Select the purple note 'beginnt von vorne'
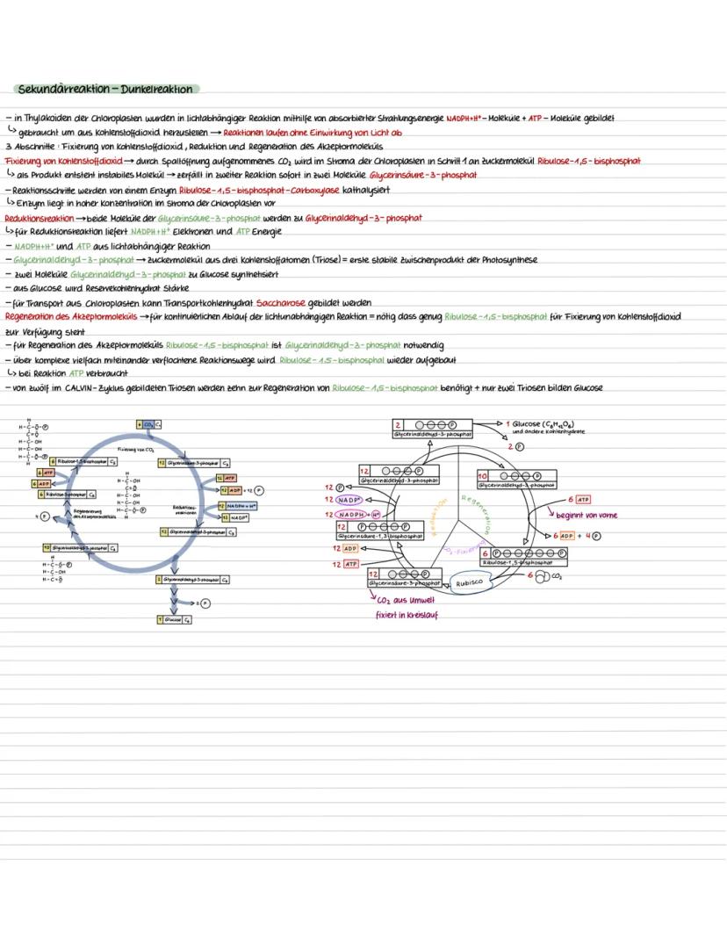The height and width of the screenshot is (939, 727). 587,516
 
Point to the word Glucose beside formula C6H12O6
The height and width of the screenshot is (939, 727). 527,423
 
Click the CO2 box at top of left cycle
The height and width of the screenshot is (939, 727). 148,424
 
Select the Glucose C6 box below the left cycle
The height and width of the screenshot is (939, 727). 169,619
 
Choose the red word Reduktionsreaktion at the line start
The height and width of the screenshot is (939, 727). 39,219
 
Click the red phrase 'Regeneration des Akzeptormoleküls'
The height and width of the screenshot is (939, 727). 70,316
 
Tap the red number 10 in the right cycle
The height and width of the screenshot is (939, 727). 483,475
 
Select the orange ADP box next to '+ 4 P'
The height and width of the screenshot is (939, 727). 566,535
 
